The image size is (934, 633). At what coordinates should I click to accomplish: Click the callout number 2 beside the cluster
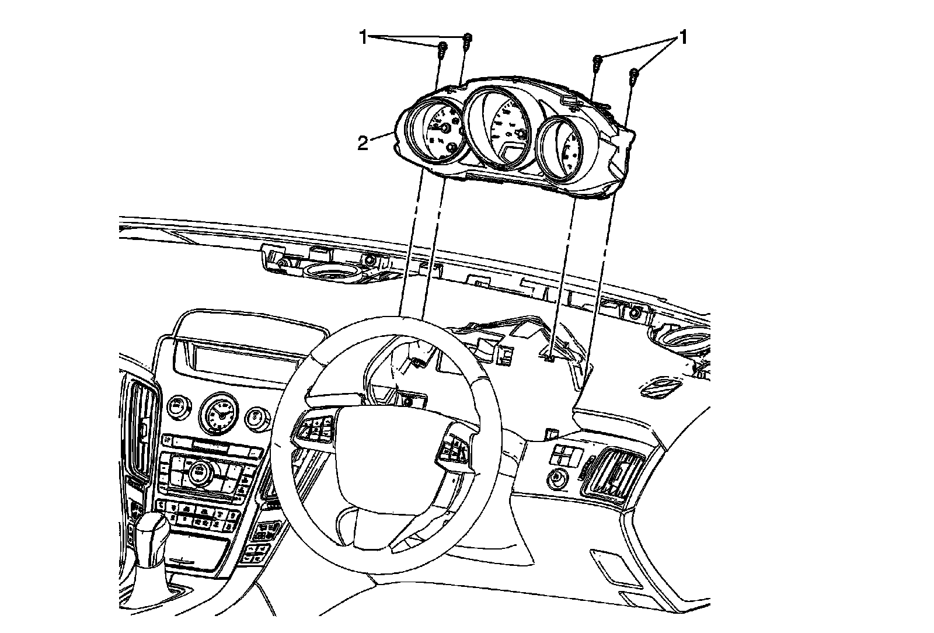(363, 142)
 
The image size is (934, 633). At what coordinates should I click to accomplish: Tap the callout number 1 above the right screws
(681, 39)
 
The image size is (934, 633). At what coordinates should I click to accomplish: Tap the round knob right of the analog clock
(255, 417)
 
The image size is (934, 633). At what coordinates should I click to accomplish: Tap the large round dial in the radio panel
(199, 470)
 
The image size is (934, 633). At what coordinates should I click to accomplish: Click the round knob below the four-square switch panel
(556, 479)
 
